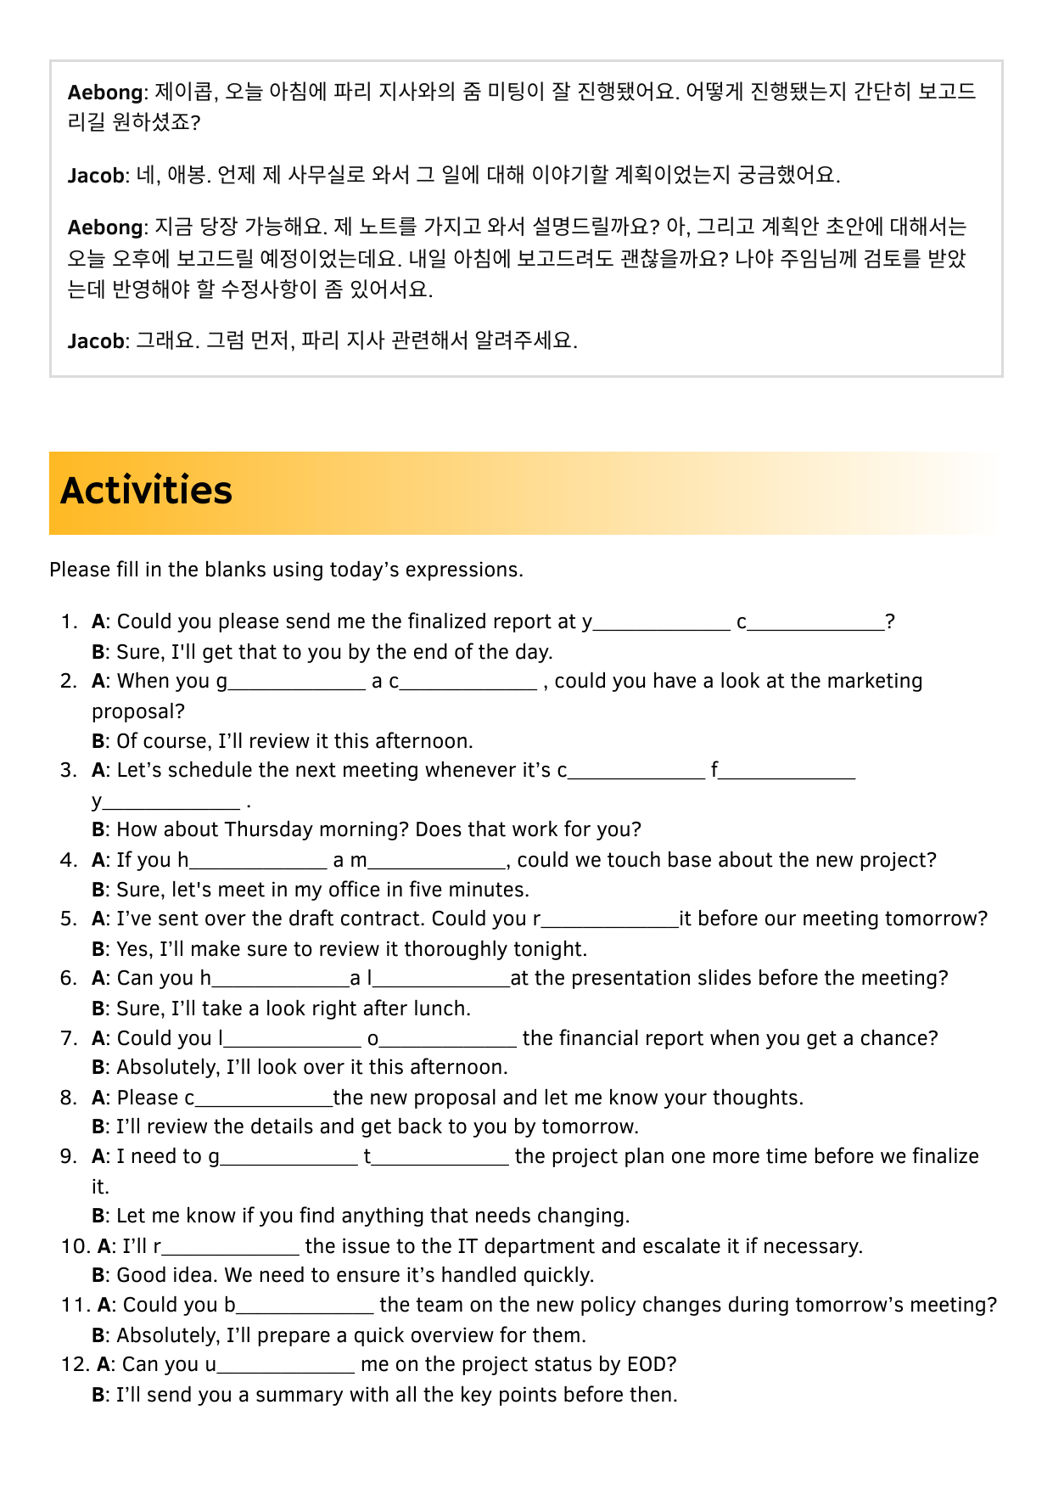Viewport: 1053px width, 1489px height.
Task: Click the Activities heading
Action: [146, 492]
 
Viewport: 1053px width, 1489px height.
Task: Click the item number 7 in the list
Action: [69, 1038]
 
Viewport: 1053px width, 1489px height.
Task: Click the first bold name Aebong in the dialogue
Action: [105, 93]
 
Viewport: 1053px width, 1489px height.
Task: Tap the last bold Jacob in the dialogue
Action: [96, 341]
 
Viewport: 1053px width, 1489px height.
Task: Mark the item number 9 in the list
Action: [69, 1156]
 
